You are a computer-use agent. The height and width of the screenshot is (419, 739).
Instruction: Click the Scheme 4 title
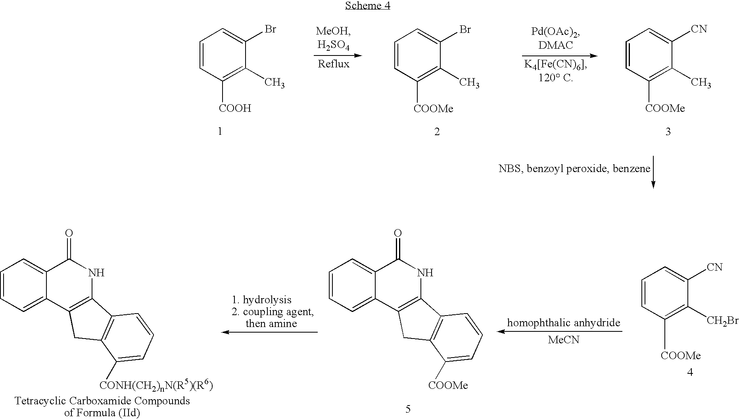point(368,6)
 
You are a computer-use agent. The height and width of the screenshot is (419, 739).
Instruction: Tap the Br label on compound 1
point(270,29)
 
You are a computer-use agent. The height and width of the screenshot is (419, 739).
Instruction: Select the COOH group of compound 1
point(235,108)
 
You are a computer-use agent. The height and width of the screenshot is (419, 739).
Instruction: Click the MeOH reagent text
point(333,31)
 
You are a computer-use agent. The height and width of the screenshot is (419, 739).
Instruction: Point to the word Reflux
point(334,64)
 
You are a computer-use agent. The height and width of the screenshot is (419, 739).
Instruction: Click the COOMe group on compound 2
point(433,109)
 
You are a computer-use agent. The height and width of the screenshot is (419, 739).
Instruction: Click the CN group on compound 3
point(699,29)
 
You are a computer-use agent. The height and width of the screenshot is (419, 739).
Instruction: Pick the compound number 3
point(668,132)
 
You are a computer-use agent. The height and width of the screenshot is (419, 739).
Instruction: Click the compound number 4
point(690,372)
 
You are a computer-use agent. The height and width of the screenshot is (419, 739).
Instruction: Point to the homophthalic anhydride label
point(564,323)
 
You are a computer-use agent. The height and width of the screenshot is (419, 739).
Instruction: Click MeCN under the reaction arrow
point(564,340)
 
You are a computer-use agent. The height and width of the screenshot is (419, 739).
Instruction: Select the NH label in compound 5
point(425,273)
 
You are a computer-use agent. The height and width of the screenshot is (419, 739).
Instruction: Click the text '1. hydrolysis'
point(262,300)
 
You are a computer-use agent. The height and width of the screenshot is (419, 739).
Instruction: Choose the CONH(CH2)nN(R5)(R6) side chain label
point(156,385)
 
